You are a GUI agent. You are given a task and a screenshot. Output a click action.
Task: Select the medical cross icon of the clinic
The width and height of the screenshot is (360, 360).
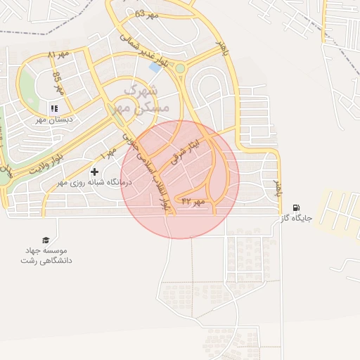[95, 172]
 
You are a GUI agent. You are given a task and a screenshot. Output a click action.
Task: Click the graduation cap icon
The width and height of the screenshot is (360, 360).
[46, 240]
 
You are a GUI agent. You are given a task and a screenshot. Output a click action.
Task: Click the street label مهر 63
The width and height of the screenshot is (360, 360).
[145, 14]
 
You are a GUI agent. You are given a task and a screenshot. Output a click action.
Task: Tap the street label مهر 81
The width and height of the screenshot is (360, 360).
[60, 55]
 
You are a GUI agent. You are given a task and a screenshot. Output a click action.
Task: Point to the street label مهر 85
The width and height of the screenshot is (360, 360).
[58, 84]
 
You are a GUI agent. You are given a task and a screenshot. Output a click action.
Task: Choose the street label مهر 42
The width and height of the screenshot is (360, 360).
[193, 202]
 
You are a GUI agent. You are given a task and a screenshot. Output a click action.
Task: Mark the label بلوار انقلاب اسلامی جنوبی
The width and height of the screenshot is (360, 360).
[148, 169]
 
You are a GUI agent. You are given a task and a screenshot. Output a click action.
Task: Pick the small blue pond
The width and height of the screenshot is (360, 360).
[155, 67]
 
